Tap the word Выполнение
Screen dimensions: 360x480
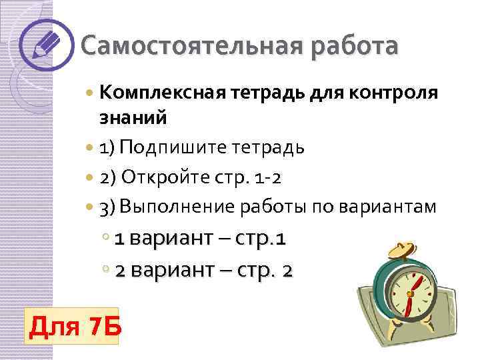pyautogui.click(x=177, y=207)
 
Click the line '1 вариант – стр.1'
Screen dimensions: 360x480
pyautogui.click(x=201, y=239)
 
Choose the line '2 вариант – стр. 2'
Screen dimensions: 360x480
pyautogui.click(x=203, y=271)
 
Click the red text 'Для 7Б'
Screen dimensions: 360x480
pyautogui.click(x=71, y=327)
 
